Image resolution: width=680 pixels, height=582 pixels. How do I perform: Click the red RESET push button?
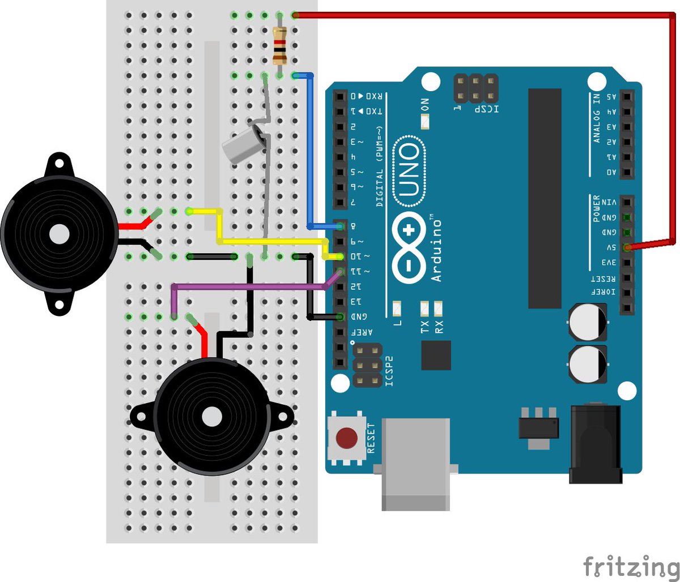tap(346, 438)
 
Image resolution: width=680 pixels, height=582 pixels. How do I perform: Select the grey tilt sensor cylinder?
tap(241, 144)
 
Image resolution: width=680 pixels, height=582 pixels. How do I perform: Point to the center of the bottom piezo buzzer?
tap(212, 418)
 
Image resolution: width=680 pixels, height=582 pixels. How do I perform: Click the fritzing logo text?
tap(630, 565)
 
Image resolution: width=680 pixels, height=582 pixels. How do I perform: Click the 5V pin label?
tap(610, 248)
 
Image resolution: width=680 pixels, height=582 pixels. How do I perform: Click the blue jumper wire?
tap(310, 153)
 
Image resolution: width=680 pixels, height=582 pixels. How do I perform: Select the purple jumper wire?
tap(249, 287)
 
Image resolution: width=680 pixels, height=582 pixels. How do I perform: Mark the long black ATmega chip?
tap(545, 198)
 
